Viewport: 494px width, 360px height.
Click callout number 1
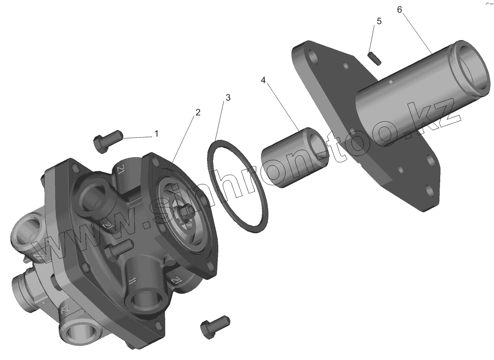point(156,134)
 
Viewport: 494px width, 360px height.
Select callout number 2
point(198,112)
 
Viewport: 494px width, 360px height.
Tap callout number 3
point(228,98)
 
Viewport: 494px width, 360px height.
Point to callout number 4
point(263,80)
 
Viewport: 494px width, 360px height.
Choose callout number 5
point(379,22)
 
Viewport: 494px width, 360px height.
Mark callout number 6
point(400,10)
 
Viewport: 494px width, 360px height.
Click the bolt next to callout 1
point(108,141)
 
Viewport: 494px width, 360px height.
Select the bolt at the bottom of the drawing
point(215,327)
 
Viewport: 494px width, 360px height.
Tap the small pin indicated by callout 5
point(374,59)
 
